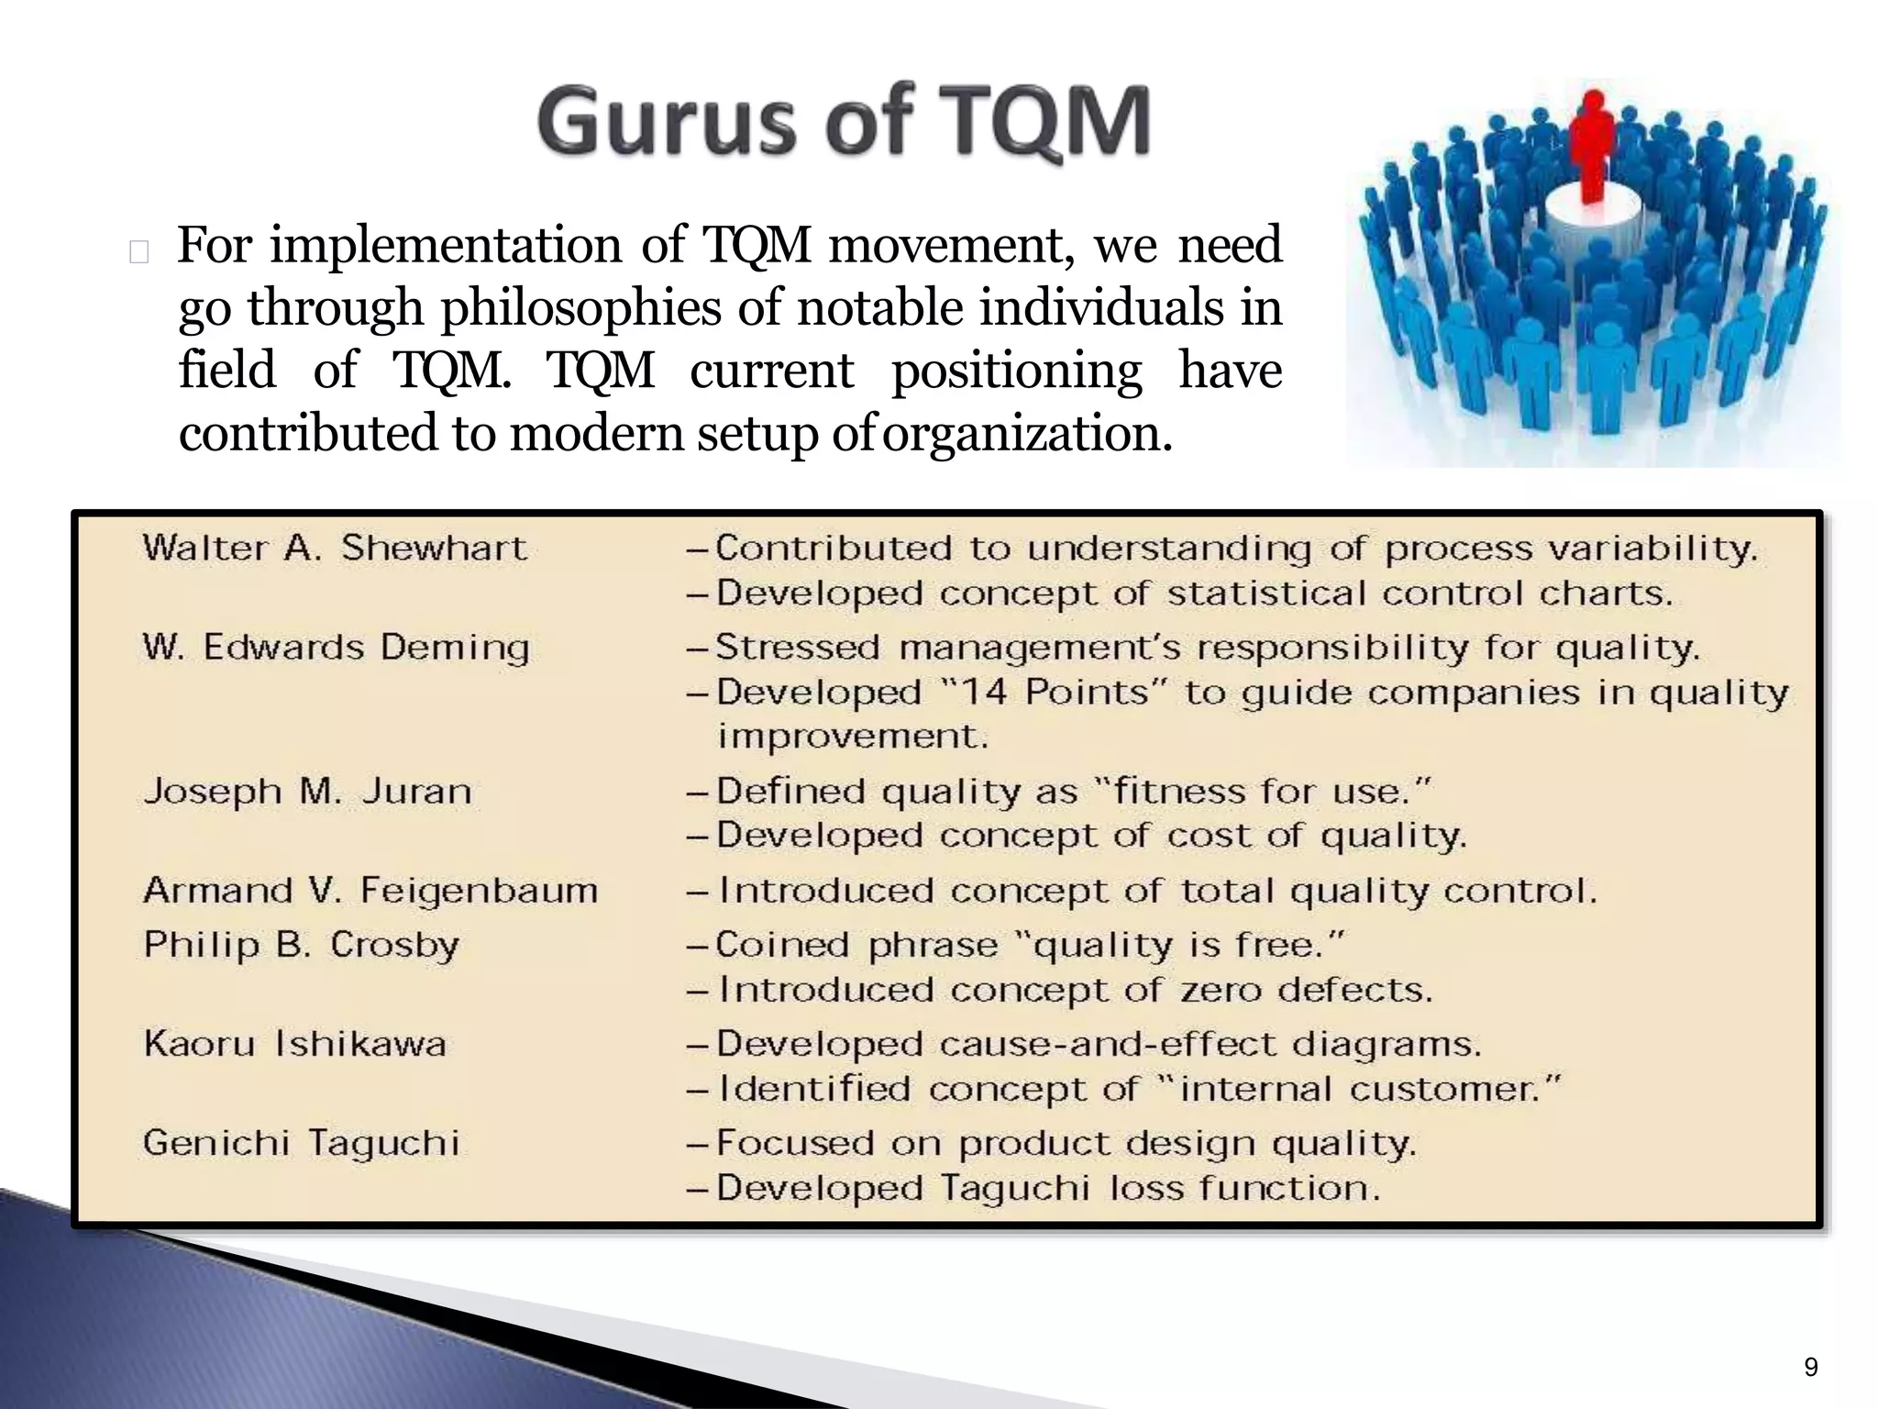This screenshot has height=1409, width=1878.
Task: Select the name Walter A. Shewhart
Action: pos(335,549)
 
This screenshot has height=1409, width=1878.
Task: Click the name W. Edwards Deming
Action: pos(337,648)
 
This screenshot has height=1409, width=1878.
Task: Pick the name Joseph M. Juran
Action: pos(308,791)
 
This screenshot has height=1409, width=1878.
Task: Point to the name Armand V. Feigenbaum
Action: pos(370,890)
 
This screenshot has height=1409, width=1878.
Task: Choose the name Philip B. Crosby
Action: pos(301,944)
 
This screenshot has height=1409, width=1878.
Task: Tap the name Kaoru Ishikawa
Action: pos(295,1044)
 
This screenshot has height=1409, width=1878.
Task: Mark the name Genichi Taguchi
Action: pos(301,1143)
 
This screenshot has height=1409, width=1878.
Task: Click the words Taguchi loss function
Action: pos(1161,1189)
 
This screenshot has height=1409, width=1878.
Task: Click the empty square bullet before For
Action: pos(139,251)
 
